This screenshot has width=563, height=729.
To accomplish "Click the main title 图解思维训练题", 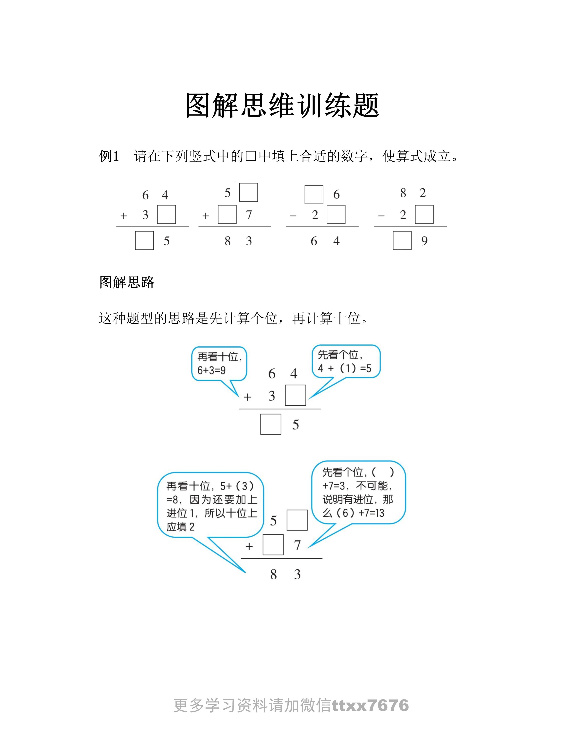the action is point(282,106).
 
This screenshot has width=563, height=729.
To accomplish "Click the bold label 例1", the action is point(109,156).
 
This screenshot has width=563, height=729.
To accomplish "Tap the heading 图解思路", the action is point(127,282).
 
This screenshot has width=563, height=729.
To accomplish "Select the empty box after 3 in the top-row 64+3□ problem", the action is point(166,215).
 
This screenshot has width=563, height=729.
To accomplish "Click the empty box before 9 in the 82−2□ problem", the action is point(402,240).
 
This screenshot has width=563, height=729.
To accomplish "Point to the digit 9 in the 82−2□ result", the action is point(424,241).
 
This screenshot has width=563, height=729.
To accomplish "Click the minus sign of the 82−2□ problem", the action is point(381,216).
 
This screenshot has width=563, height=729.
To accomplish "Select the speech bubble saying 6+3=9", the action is point(219,364).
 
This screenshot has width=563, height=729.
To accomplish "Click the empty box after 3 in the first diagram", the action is point(295,395).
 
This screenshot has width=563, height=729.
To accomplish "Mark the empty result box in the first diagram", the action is point(270,424).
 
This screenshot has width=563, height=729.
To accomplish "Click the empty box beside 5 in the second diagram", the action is point(297,520).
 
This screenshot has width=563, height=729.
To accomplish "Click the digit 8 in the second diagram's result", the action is point(274,574).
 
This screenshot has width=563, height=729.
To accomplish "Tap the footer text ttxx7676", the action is point(370,705).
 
